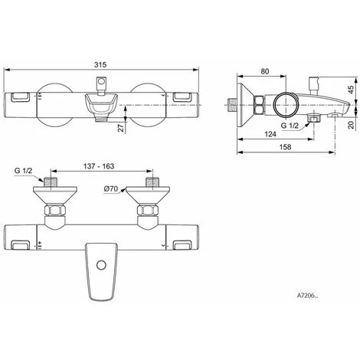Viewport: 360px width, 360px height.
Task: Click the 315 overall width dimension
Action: [100, 64]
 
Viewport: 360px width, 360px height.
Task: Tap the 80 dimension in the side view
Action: [265, 71]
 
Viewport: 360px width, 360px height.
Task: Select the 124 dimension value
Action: [270, 134]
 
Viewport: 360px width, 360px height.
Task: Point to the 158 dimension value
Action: [285, 147]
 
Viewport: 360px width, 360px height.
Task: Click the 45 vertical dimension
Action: [352, 90]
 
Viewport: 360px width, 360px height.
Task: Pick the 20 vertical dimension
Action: [352, 125]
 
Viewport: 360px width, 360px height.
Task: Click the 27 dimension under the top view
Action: [122, 127]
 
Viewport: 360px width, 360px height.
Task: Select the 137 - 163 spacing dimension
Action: [99, 166]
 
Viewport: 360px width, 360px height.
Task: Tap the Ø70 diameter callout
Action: [111, 188]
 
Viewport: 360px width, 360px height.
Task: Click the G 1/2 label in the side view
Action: [290, 126]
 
